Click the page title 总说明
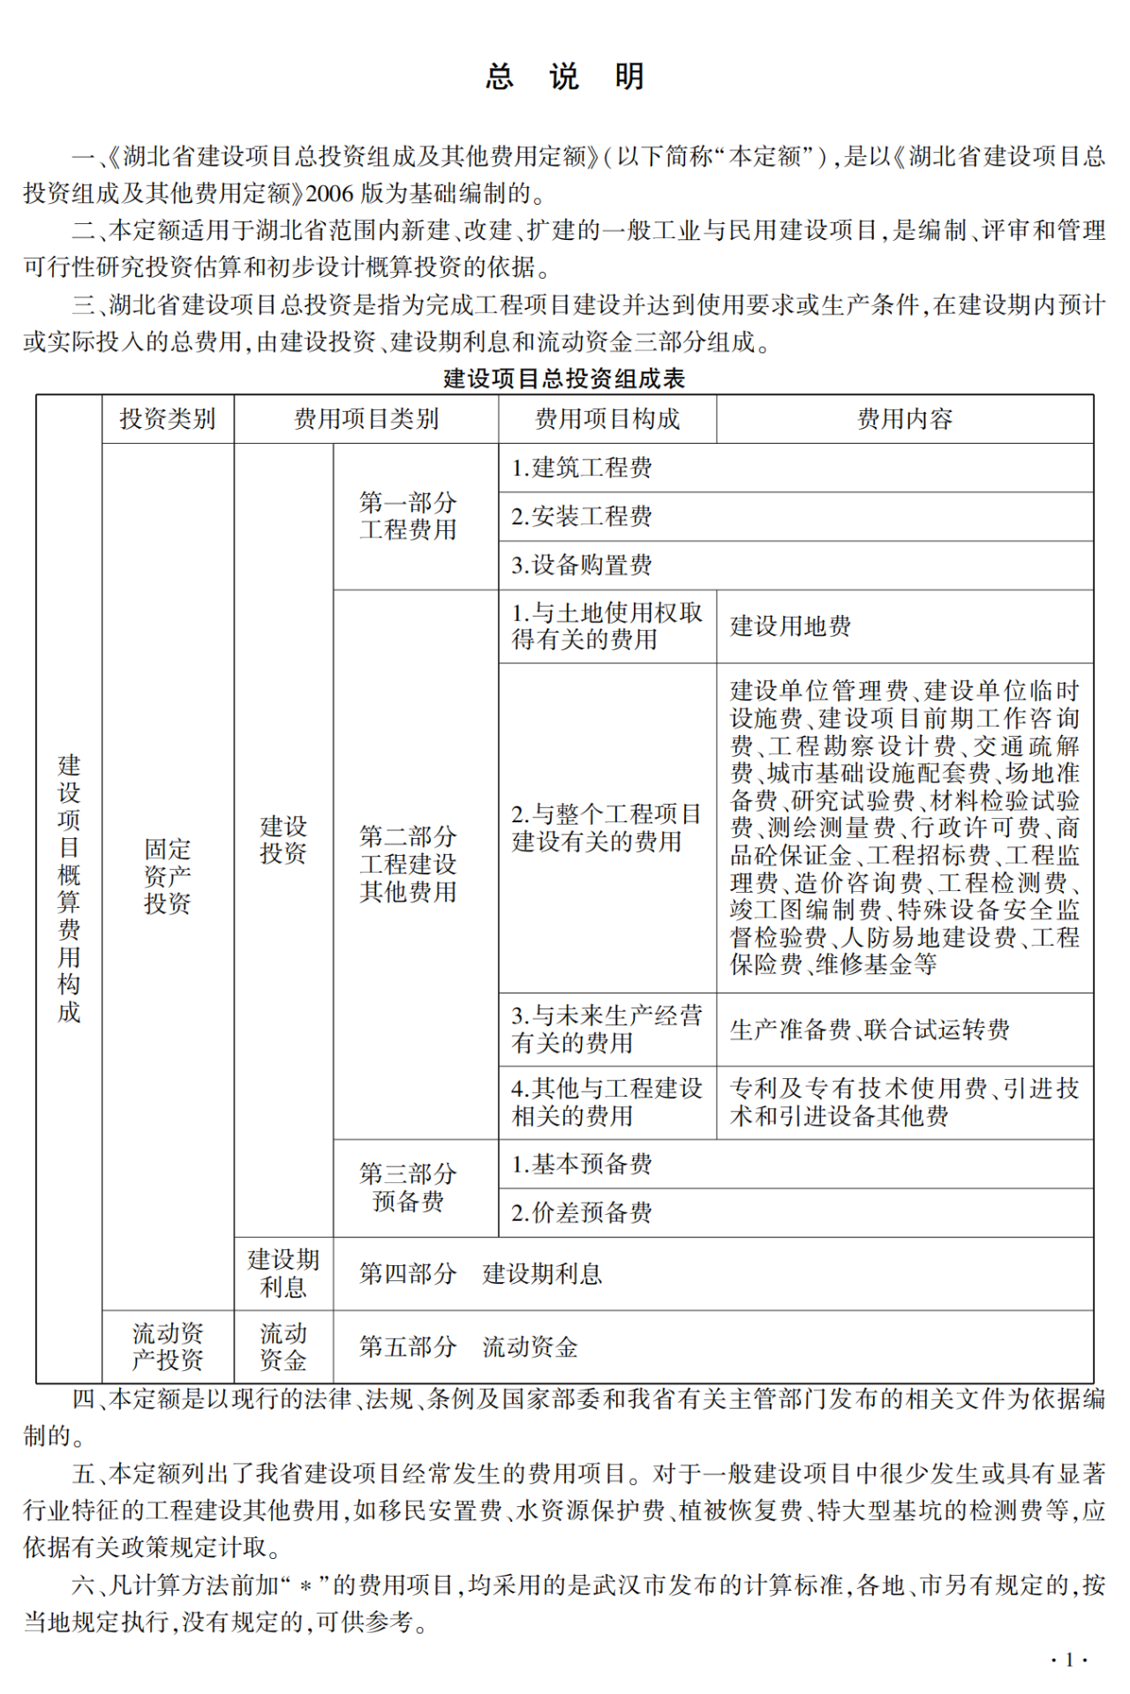click(x=565, y=77)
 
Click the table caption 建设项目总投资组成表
click(x=564, y=379)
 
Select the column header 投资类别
click(x=168, y=419)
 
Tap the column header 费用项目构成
click(x=607, y=419)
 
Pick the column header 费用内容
click(x=905, y=419)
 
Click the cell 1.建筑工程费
click(x=582, y=468)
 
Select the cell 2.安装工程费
click(x=582, y=516)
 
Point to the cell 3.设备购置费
click(x=582, y=565)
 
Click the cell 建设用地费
click(x=791, y=626)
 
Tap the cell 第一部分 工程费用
click(x=408, y=516)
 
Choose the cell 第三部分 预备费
click(x=408, y=1188)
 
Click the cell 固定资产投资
click(x=168, y=876)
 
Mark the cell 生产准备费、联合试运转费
click(x=870, y=1030)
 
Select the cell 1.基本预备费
click(x=582, y=1164)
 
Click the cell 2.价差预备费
click(x=582, y=1212)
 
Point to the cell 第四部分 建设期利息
click(x=480, y=1273)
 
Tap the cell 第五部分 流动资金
click(x=469, y=1346)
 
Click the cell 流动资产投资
click(x=168, y=1346)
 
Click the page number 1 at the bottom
click(x=1069, y=1660)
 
